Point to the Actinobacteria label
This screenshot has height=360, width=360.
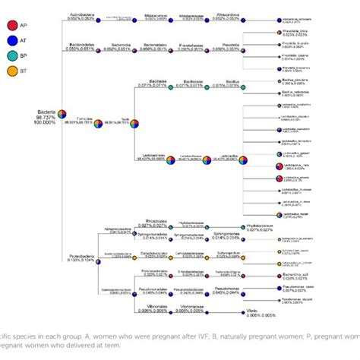pos(81,14)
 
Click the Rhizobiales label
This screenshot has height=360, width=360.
pos(156,220)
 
